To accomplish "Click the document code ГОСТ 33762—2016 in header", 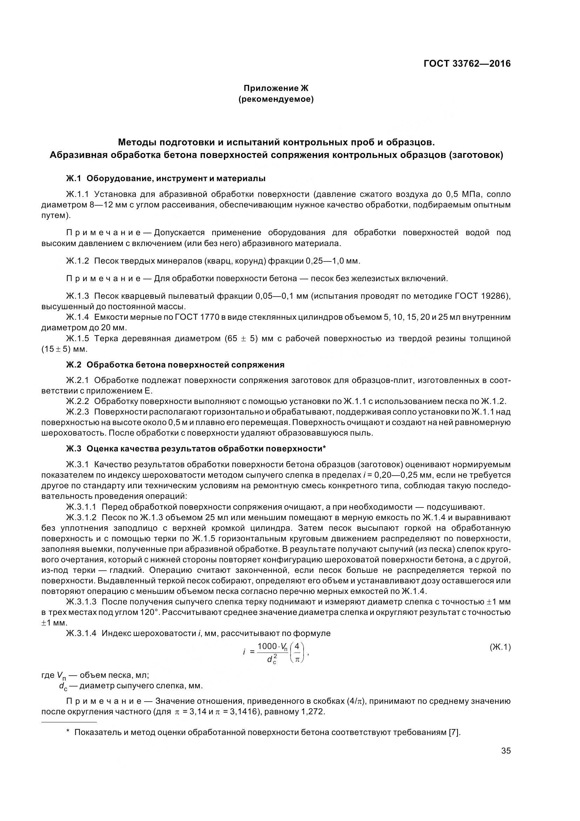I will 467,64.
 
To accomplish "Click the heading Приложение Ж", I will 275,88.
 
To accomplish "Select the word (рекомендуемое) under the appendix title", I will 275,99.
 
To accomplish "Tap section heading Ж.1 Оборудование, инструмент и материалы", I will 166,178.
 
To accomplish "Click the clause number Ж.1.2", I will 77,261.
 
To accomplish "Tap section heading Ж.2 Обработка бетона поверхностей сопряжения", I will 175,365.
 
